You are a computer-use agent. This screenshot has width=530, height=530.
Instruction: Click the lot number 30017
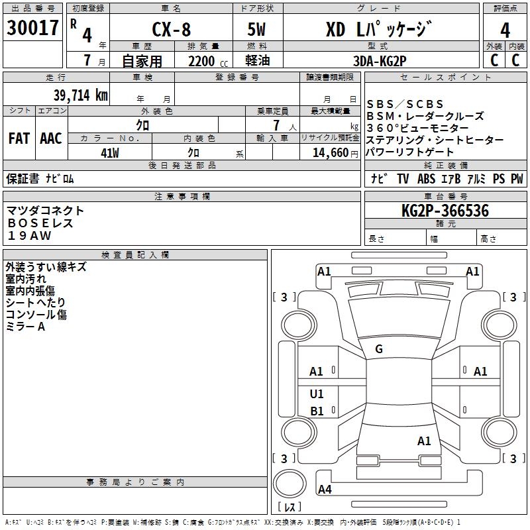click(x=32, y=28)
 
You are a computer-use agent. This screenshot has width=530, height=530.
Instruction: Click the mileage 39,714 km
click(x=80, y=95)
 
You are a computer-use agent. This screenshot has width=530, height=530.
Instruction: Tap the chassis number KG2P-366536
click(x=445, y=211)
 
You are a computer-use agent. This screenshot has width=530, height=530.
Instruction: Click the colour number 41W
click(x=109, y=153)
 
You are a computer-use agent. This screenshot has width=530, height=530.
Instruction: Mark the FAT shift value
click(x=19, y=138)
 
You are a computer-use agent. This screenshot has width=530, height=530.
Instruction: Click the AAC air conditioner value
click(x=51, y=138)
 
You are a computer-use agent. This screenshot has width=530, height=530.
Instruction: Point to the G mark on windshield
click(x=379, y=349)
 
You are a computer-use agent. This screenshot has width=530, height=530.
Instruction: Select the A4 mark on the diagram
click(x=325, y=490)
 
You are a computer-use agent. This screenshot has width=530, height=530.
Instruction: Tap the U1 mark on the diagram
click(x=317, y=394)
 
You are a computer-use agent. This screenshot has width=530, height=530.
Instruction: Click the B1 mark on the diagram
click(x=317, y=411)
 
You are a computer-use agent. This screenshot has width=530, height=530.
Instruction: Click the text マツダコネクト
click(x=46, y=211)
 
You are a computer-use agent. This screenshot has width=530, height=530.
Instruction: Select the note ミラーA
click(x=25, y=327)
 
